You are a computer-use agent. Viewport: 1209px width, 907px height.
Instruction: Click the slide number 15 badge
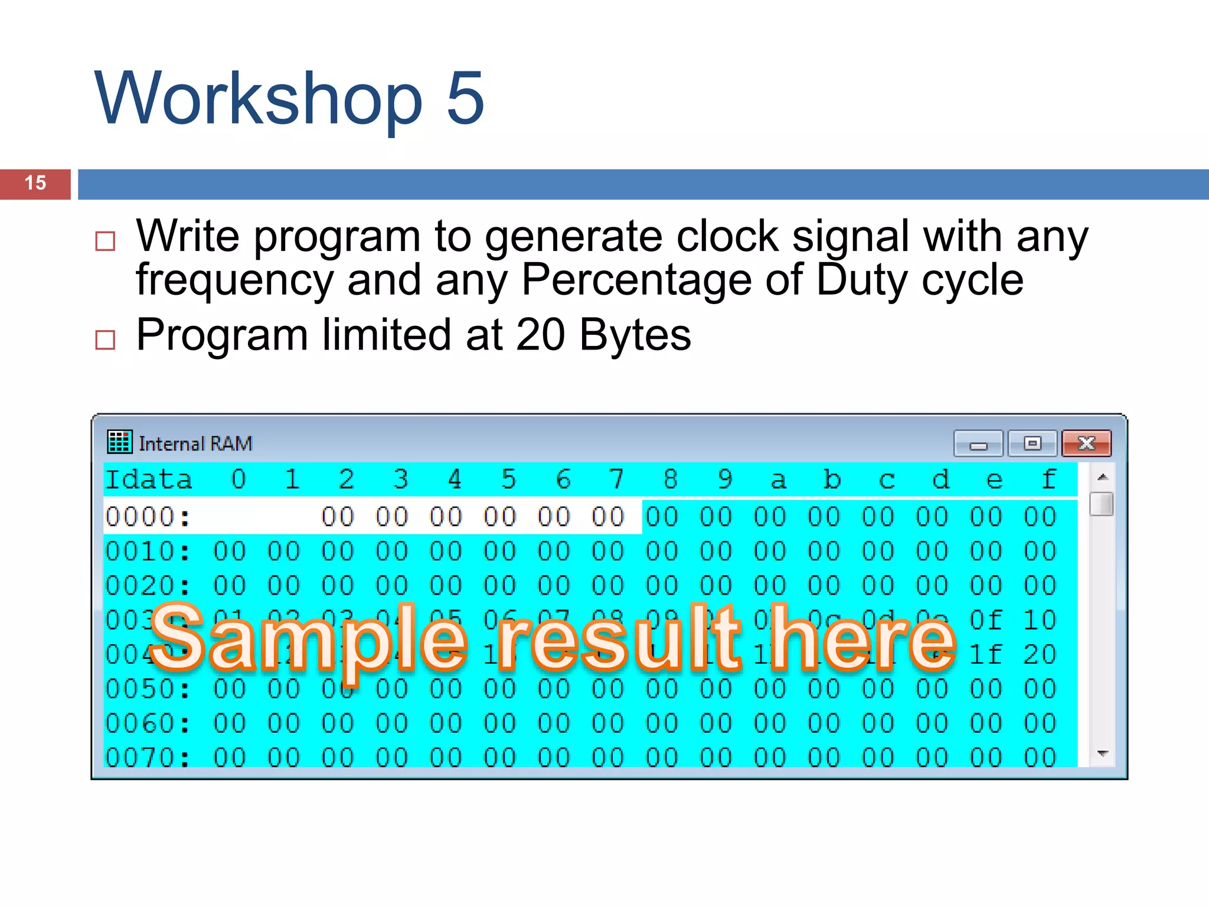(x=35, y=184)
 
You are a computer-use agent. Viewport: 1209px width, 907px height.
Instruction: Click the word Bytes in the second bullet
(x=635, y=335)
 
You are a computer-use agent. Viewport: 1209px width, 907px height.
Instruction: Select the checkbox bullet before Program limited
(x=105, y=340)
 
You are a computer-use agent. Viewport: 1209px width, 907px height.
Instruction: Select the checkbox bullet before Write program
(x=105, y=241)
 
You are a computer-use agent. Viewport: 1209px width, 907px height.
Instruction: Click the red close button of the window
(x=1086, y=443)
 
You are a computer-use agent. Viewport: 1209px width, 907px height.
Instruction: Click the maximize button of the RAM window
(x=1032, y=443)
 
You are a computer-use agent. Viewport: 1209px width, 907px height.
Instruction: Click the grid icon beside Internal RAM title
(x=120, y=442)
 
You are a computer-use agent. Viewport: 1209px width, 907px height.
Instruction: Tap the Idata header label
(x=149, y=479)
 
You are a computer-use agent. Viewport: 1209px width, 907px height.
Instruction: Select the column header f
(x=1048, y=479)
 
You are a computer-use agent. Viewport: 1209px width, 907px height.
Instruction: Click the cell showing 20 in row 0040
(x=1040, y=654)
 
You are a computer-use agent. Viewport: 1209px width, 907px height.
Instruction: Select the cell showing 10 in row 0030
(x=1040, y=620)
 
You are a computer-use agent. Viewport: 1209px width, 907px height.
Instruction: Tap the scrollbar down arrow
(x=1102, y=753)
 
